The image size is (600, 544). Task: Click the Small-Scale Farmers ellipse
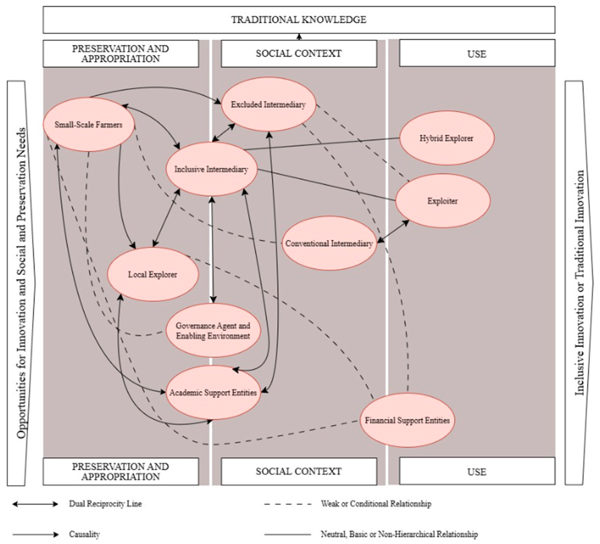pyautogui.click(x=88, y=125)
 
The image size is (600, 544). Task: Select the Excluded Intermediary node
pyautogui.click(x=268, y=104)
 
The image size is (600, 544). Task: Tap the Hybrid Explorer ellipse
pyautogui.click(x=446, y=138)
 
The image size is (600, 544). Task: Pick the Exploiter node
pyautogui.click(x=443, y=201)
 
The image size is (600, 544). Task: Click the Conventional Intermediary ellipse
pyautogui.click(x=329, y=243)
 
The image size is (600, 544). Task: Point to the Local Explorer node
pyautogui.click(x=152, y=274)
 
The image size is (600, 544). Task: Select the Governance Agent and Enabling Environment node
pyautogui.click(x=213, y=331)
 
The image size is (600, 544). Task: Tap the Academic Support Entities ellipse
pyautogui.click(x=213, y=393)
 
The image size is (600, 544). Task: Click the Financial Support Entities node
pyautogui.click(x=407, y=420)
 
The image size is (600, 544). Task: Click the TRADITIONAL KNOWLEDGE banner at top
pyautogui.click(x=299, y=20)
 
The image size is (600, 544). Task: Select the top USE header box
pyautogui.click(x=477, y=54)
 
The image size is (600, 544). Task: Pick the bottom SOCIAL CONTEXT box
pyautogui.click(x=299, y=471)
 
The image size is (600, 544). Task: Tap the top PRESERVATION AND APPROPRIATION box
pyautogui.click(x=121, y=54)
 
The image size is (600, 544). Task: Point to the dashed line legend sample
pyautogui.click(x=287, y=504)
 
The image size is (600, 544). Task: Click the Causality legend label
pyautogui.click(x=84, y=534)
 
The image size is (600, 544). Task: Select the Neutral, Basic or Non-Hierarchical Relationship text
pyautogui.click(x=399, y=534)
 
